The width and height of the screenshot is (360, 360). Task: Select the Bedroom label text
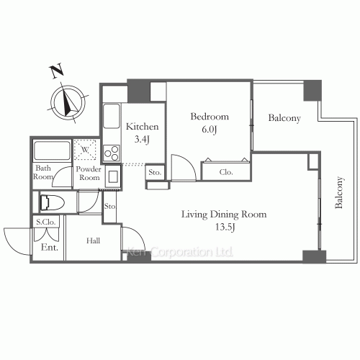click(x=209, y=117)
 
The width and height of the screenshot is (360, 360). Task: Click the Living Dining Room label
click(x=224, y=214)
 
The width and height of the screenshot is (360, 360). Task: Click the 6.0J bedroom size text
click(x=210, y=130)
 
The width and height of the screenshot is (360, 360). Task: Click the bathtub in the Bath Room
click(x=52, y=151)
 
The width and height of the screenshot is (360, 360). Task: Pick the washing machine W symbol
click(x=86, y=150)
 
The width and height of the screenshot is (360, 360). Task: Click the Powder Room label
click(x=89, y=173)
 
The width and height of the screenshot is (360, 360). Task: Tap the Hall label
click(x=93, y=242)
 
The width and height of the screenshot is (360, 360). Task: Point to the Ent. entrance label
click(x=48, y=248)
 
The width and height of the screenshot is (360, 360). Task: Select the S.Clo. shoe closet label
click(x=47, y=223)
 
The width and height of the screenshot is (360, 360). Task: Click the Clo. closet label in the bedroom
click(x=225, y=172)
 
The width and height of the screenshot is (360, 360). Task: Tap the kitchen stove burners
click(x=112, y=152)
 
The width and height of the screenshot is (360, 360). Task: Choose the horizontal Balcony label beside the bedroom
click(x=284, y=118)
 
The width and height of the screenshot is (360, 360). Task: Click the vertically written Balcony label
click(x=338, y=194)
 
